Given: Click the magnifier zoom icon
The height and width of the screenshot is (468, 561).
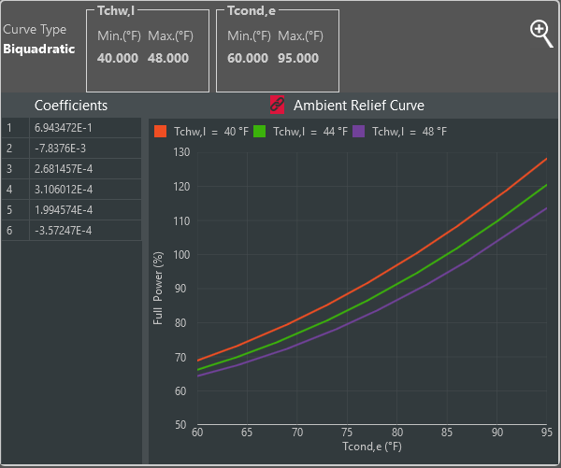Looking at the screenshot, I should click(541, 33).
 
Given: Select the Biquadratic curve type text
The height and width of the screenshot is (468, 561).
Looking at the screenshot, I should click(39, 50).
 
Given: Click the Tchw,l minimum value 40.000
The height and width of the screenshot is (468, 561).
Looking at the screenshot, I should click(117, 58).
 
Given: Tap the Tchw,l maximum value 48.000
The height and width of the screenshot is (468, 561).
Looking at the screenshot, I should click(168, 58).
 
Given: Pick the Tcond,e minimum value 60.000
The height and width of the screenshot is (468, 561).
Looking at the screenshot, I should click(247, 58).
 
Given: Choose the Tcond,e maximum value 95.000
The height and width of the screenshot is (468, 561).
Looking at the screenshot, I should click(298, 58).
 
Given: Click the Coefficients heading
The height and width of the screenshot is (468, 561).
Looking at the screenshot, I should click(71, 106).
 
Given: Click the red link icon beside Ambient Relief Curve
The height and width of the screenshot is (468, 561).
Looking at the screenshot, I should click(277, 105).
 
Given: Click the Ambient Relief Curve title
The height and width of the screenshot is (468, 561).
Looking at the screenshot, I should click(359, 105).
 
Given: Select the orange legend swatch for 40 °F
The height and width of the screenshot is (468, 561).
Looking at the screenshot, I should click(161, 132).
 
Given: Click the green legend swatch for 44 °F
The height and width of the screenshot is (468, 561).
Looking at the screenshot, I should click(260, 132).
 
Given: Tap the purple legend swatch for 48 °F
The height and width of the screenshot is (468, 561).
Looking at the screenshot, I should click(359, 132).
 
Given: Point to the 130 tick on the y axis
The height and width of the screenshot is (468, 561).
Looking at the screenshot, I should click(180, 152).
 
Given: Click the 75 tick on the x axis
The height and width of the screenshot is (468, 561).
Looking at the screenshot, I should click(348, 433).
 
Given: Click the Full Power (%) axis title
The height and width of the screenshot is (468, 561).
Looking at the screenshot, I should click(158, 288).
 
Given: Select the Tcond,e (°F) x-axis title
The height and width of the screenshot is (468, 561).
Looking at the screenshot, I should click(372, 449).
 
